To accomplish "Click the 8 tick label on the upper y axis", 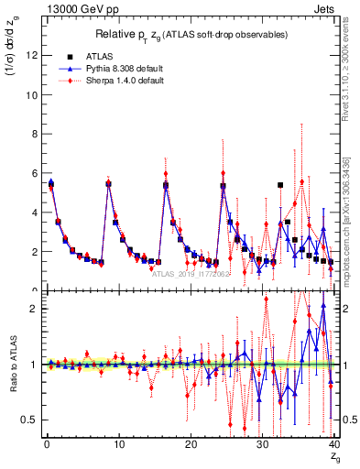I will (33, 134).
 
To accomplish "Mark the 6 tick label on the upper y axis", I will (33, 173).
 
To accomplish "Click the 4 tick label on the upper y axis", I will (33, 213).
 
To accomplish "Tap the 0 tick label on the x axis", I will (47, 443).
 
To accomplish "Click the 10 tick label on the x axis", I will (117, 443).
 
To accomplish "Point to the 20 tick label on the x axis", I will (190, 443).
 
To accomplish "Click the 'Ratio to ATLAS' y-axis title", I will (13, 366).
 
